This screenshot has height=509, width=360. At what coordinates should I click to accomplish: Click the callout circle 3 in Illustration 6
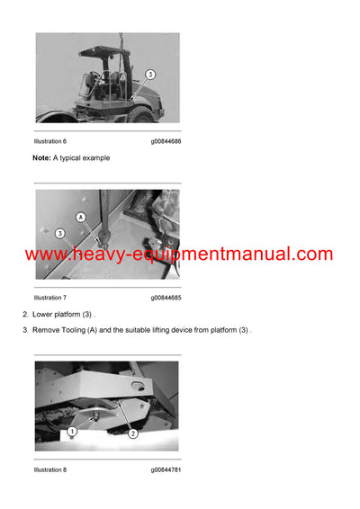150,75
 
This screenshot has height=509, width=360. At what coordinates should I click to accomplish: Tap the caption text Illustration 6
50,141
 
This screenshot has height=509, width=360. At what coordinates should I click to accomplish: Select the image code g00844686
166,141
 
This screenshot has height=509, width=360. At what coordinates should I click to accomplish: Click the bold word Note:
41,158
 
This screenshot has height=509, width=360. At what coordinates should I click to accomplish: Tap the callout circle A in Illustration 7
81,217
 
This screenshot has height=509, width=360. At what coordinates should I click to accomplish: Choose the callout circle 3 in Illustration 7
59,234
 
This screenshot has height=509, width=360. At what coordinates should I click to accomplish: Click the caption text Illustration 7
50,298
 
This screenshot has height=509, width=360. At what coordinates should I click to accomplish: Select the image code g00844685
166,298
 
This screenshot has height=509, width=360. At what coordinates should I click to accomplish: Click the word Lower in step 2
43,314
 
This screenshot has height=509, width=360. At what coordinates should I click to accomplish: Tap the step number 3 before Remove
25,331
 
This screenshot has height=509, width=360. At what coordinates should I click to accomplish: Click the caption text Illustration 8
50,469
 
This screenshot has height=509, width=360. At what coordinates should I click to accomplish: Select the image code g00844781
166,469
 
